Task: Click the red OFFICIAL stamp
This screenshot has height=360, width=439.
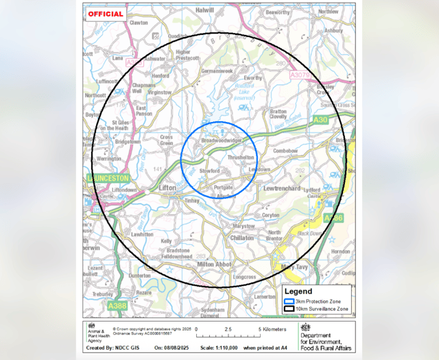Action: coord(106,14)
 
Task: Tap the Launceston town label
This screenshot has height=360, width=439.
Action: coord(108,177)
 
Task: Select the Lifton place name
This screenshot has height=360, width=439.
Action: coord(167,187)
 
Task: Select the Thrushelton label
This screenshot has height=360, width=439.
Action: coord(240,157)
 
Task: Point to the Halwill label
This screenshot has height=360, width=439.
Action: coord(204,10)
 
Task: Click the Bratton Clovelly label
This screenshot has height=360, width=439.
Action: coord(278,113)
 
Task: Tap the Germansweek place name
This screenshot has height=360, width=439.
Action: coord(219,71)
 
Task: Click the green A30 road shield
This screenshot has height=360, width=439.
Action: coord(320,119)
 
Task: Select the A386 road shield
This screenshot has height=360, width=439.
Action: coord(333,218)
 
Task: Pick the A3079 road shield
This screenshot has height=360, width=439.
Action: coord(300,74)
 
